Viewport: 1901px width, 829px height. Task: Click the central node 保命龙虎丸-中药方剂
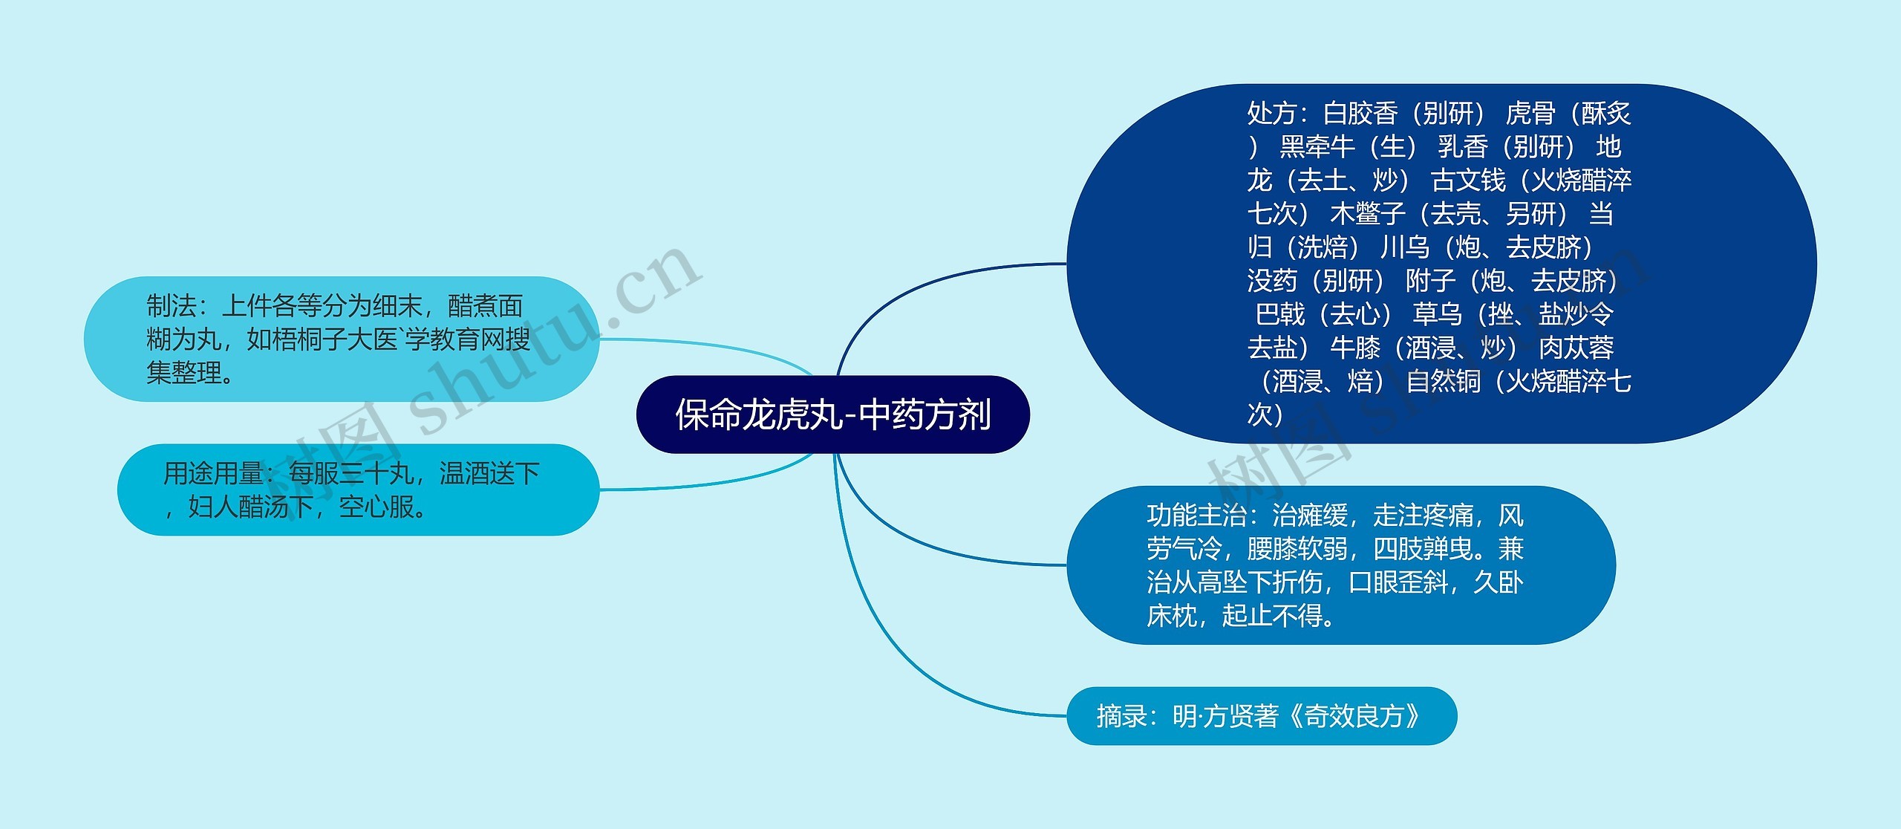pos(832,414)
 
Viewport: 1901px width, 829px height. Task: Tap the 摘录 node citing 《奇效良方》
pos(1261,716)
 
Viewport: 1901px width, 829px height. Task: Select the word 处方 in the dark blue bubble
pos(1271,114)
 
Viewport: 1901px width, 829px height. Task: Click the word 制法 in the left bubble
pos(171,306)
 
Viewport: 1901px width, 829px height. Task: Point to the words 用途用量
pos(213,473)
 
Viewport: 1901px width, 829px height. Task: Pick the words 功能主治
pos(1196,516)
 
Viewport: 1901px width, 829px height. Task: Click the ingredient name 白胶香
pos(1360,114)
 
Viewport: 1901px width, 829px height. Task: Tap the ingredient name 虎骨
pos(1530,114)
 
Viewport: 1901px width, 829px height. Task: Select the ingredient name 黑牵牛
pos(1317,147)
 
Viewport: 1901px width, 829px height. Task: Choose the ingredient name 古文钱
pos(1468,181)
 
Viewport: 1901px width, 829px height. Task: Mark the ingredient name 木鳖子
pos(1368,214)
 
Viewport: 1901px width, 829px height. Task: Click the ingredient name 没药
pos(1271,281)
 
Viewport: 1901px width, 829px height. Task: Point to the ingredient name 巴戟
pos(1279,314)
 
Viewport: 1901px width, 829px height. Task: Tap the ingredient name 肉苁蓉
pos(1576,348)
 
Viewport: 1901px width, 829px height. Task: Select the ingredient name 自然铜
pos(1444,382)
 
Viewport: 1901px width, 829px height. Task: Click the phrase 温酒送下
pos(489,473)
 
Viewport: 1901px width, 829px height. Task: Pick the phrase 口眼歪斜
pos(1398,582)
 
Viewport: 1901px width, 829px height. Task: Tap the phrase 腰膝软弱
pos(1297,549)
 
